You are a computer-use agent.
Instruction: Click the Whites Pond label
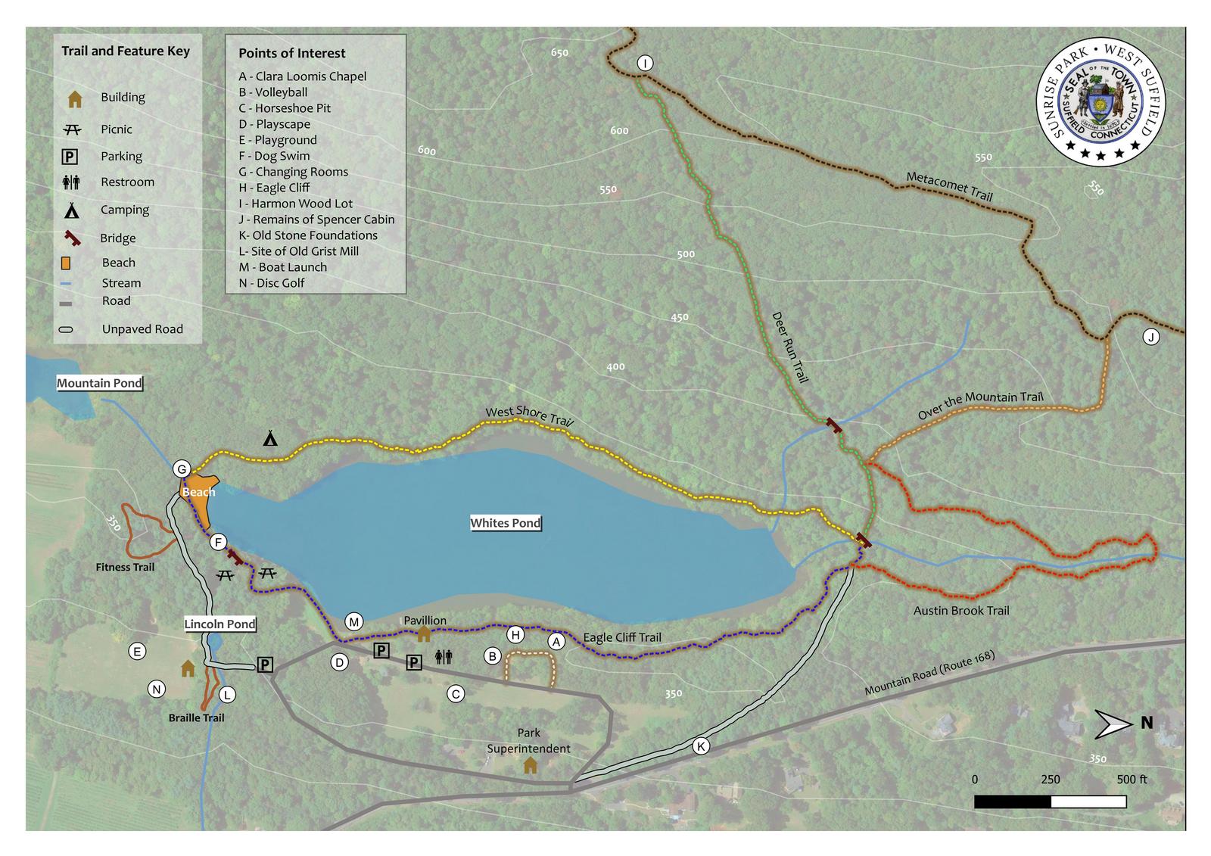(x=505, y=523)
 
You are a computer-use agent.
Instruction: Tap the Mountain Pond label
(x=99, y=383)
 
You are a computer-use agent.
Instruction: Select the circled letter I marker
(x=644, y=63)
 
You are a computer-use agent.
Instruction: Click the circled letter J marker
(x=1150, y=337)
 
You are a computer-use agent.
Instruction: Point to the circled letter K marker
(x=701, y=746)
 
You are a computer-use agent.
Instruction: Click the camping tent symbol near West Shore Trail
(x=269, y=437)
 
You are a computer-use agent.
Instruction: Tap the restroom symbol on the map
(x=444, y=656)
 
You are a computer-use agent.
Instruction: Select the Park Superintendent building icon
(x=530, y=765)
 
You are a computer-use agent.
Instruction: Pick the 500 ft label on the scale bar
(x=1132, y=780)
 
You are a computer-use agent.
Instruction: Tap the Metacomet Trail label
(x=949, y=187)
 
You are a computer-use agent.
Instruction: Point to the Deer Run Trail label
(x=789, y=346)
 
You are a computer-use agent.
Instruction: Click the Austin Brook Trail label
(x=960, y=611)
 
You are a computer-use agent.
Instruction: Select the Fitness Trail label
(x=125, y=567)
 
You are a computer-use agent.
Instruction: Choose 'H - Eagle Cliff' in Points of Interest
(x=274, y=188)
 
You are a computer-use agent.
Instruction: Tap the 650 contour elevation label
(x=559, y=53)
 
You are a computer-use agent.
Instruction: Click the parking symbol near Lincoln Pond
(x=265, y=665)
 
